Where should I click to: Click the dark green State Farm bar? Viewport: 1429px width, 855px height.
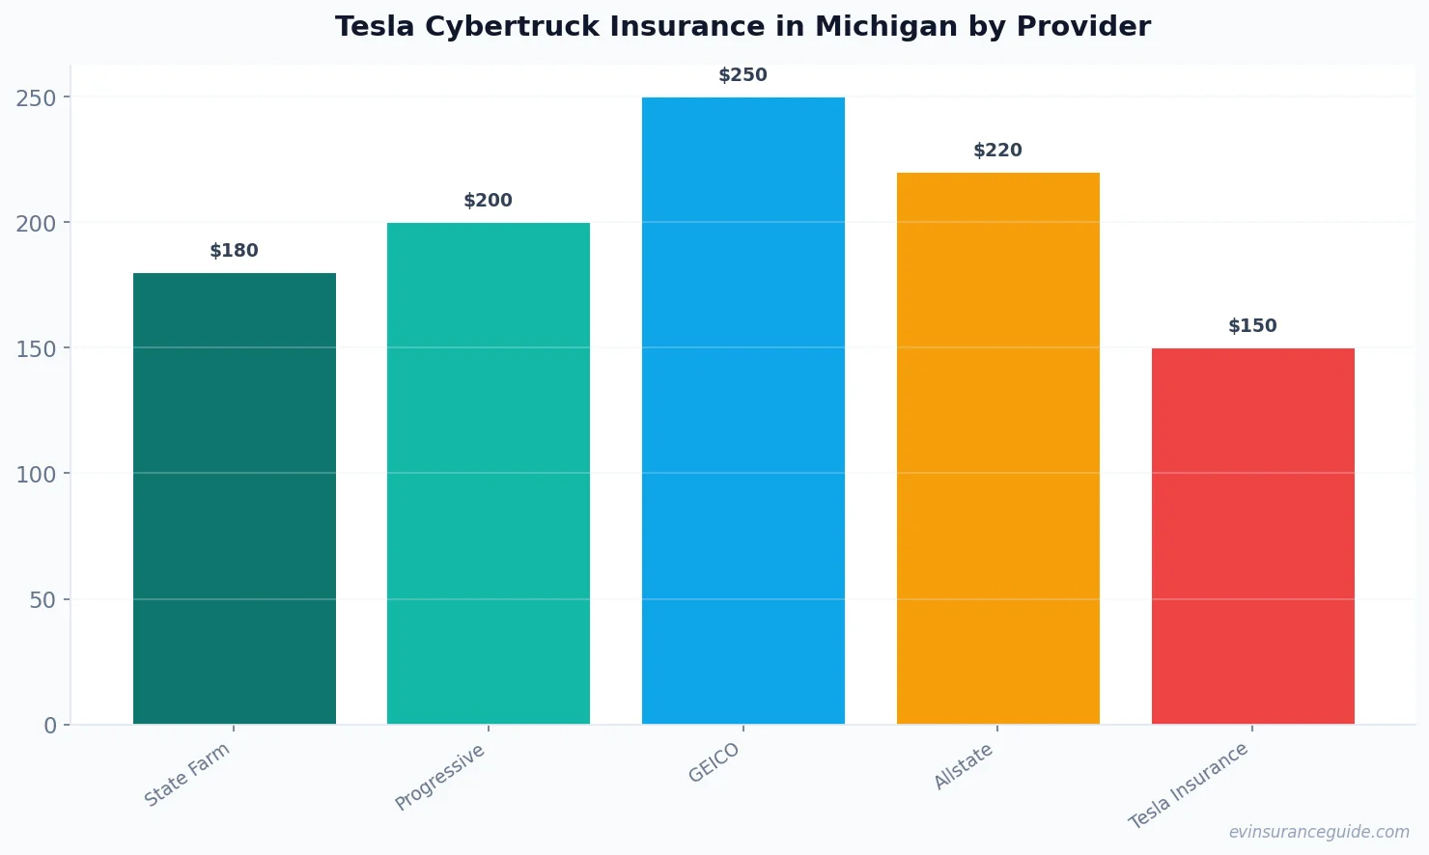pyautogui.click(x=235, y=498)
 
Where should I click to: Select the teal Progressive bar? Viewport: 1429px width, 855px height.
pyautogui.click(x=489, y=473)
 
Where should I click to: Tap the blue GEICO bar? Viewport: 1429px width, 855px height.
pyautogui.click(x=743, y=410)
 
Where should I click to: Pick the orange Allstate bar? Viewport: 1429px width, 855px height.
pyautogui.click(x=997, y=448)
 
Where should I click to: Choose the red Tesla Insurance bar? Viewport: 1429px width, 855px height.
pyautogui.click(x=1252, y=536)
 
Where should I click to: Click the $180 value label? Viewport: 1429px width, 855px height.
pyautogui.click(x=235, y=251)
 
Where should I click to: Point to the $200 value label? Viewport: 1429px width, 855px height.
pyautogui.click(x=489, y=201)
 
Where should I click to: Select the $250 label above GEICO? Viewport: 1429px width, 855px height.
pyautogui.click(x=743, y=75)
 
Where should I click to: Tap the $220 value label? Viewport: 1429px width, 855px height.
pyautogui.click(x=997, y=151)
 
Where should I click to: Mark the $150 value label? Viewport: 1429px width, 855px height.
pyautogui.click(x=1252, y=326)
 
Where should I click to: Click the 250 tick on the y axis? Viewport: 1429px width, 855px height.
pyautogui.click(x=36, y=97)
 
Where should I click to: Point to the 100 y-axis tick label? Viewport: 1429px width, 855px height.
pyautogui.click(x=36, y=474)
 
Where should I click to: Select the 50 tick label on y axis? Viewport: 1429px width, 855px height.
pyautogui.click(x=42, y=599)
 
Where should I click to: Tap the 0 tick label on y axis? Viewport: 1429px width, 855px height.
pyautogui.click(x=50, y=726)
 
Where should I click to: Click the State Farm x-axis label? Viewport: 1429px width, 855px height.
pyautogui.click(x=187, y=774)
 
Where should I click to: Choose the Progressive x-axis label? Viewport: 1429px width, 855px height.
pyautogui.click(x=440, y=777)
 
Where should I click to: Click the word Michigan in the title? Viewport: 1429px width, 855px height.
pyautogui.click(x=887, y=27)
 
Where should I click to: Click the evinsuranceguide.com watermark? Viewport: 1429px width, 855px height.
pyautogui.click(x=1318, y=832)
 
